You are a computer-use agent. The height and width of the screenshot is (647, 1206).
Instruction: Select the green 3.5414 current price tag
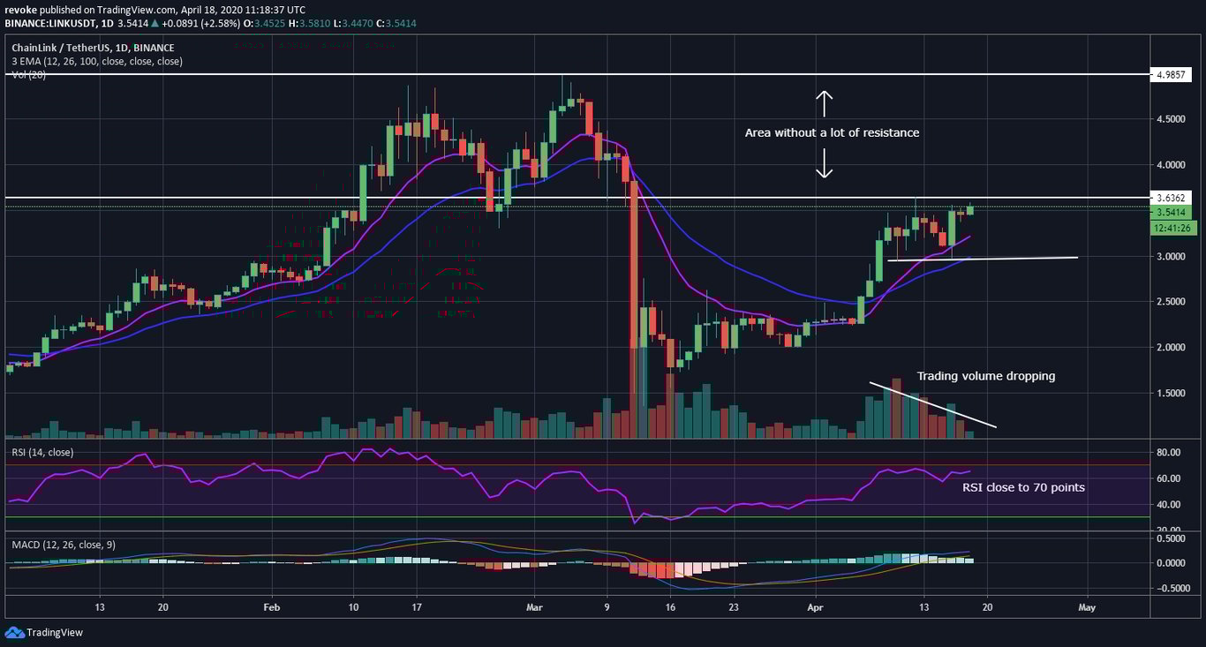click(x=1170, y=213)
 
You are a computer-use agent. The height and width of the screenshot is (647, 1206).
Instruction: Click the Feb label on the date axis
click(x=271, y=608)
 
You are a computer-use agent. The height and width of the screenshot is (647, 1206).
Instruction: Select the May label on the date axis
click(x=1087, y=608)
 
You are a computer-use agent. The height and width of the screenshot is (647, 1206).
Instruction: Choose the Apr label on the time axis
click(x=815, y=608)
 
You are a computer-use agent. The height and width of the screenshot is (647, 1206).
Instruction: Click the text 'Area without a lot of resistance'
click(x=832, y=133)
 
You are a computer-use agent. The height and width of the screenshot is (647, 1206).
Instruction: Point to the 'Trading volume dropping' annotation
click(x=985, y=376)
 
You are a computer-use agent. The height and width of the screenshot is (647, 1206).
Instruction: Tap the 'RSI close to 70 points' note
click(x=1023, y=487)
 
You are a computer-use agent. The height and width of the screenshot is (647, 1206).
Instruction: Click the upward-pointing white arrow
click(x=823, y=103)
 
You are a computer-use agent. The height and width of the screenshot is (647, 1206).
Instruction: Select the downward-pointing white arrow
click(x=823, y=163)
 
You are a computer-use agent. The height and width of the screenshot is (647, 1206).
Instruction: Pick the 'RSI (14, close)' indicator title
click(x=42, y=453)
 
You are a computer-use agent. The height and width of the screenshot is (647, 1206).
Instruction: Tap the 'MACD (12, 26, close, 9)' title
click(x=63, y=545)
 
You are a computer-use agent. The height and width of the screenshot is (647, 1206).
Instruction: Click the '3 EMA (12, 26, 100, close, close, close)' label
click(x=97, y=62)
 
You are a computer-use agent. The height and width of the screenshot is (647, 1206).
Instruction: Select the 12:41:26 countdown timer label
click(x=1170, y=228)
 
